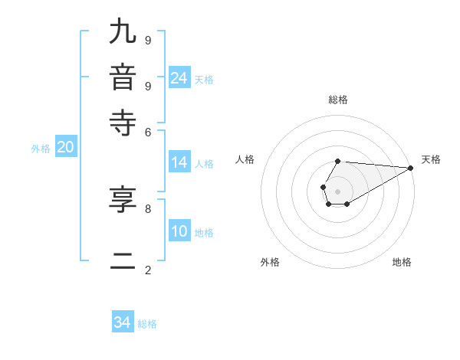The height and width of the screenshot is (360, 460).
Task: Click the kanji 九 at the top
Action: (122, 33)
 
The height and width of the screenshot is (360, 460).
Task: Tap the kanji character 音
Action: (122, 79)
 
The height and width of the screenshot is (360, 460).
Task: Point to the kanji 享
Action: (122, 201)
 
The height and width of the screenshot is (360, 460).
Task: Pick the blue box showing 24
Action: (179, 78)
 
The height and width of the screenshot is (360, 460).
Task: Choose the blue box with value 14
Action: (179, 162)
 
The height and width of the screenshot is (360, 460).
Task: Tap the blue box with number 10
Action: (179, 232)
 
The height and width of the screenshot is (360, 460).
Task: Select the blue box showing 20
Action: (66, 148)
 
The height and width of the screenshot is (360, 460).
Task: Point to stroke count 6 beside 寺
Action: (148, 131)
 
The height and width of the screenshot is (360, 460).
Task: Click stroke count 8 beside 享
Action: (148, 208)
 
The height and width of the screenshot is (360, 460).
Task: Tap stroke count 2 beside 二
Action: (148, 270)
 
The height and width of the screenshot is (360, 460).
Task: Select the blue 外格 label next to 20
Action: (41, 149)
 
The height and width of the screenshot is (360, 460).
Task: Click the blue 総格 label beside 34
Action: (147, 324)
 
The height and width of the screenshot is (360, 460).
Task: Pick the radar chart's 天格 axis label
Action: (431, 159)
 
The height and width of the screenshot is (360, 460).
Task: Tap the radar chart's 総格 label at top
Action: (337, 100)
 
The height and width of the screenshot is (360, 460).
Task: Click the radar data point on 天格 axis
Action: (410, 168)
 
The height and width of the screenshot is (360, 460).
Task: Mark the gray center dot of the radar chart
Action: (337, 191)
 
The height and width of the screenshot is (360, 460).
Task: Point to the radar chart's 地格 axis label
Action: (402, 262)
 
